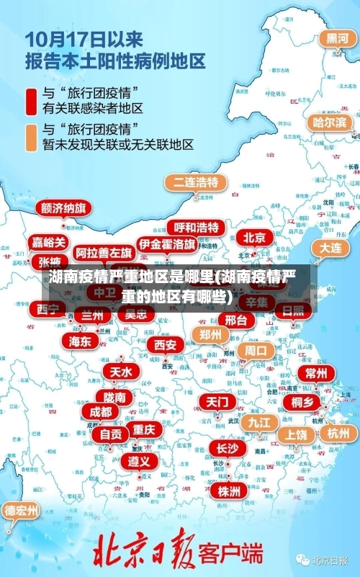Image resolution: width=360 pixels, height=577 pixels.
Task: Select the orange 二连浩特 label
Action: [x=194, y=182]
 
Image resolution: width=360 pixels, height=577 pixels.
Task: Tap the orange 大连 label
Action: [x=330, y=247]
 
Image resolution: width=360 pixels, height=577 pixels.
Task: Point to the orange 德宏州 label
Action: [x=22, y=511]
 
